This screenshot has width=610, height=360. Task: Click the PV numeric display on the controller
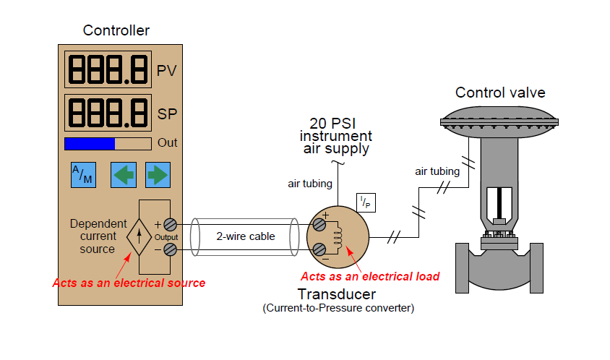(108, 69)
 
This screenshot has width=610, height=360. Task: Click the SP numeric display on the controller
(108, 112)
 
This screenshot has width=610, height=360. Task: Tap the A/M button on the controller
(82, 174)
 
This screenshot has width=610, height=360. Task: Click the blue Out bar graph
(90, 143)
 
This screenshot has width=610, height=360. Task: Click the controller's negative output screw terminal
(171, 249)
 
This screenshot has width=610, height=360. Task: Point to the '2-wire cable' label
(246, 236)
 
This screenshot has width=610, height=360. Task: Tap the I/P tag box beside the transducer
(366, 203)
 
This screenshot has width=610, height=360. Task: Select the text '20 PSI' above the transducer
(336, 122)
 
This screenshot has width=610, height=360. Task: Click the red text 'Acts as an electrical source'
(129, 283)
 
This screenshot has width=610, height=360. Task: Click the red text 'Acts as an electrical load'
(369, 276)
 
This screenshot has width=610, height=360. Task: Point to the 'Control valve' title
(500, 93)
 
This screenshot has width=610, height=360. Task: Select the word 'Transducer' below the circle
(337, 294)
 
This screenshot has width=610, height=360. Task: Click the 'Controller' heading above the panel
(116, 30)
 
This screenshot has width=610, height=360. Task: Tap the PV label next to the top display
(167, 71)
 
